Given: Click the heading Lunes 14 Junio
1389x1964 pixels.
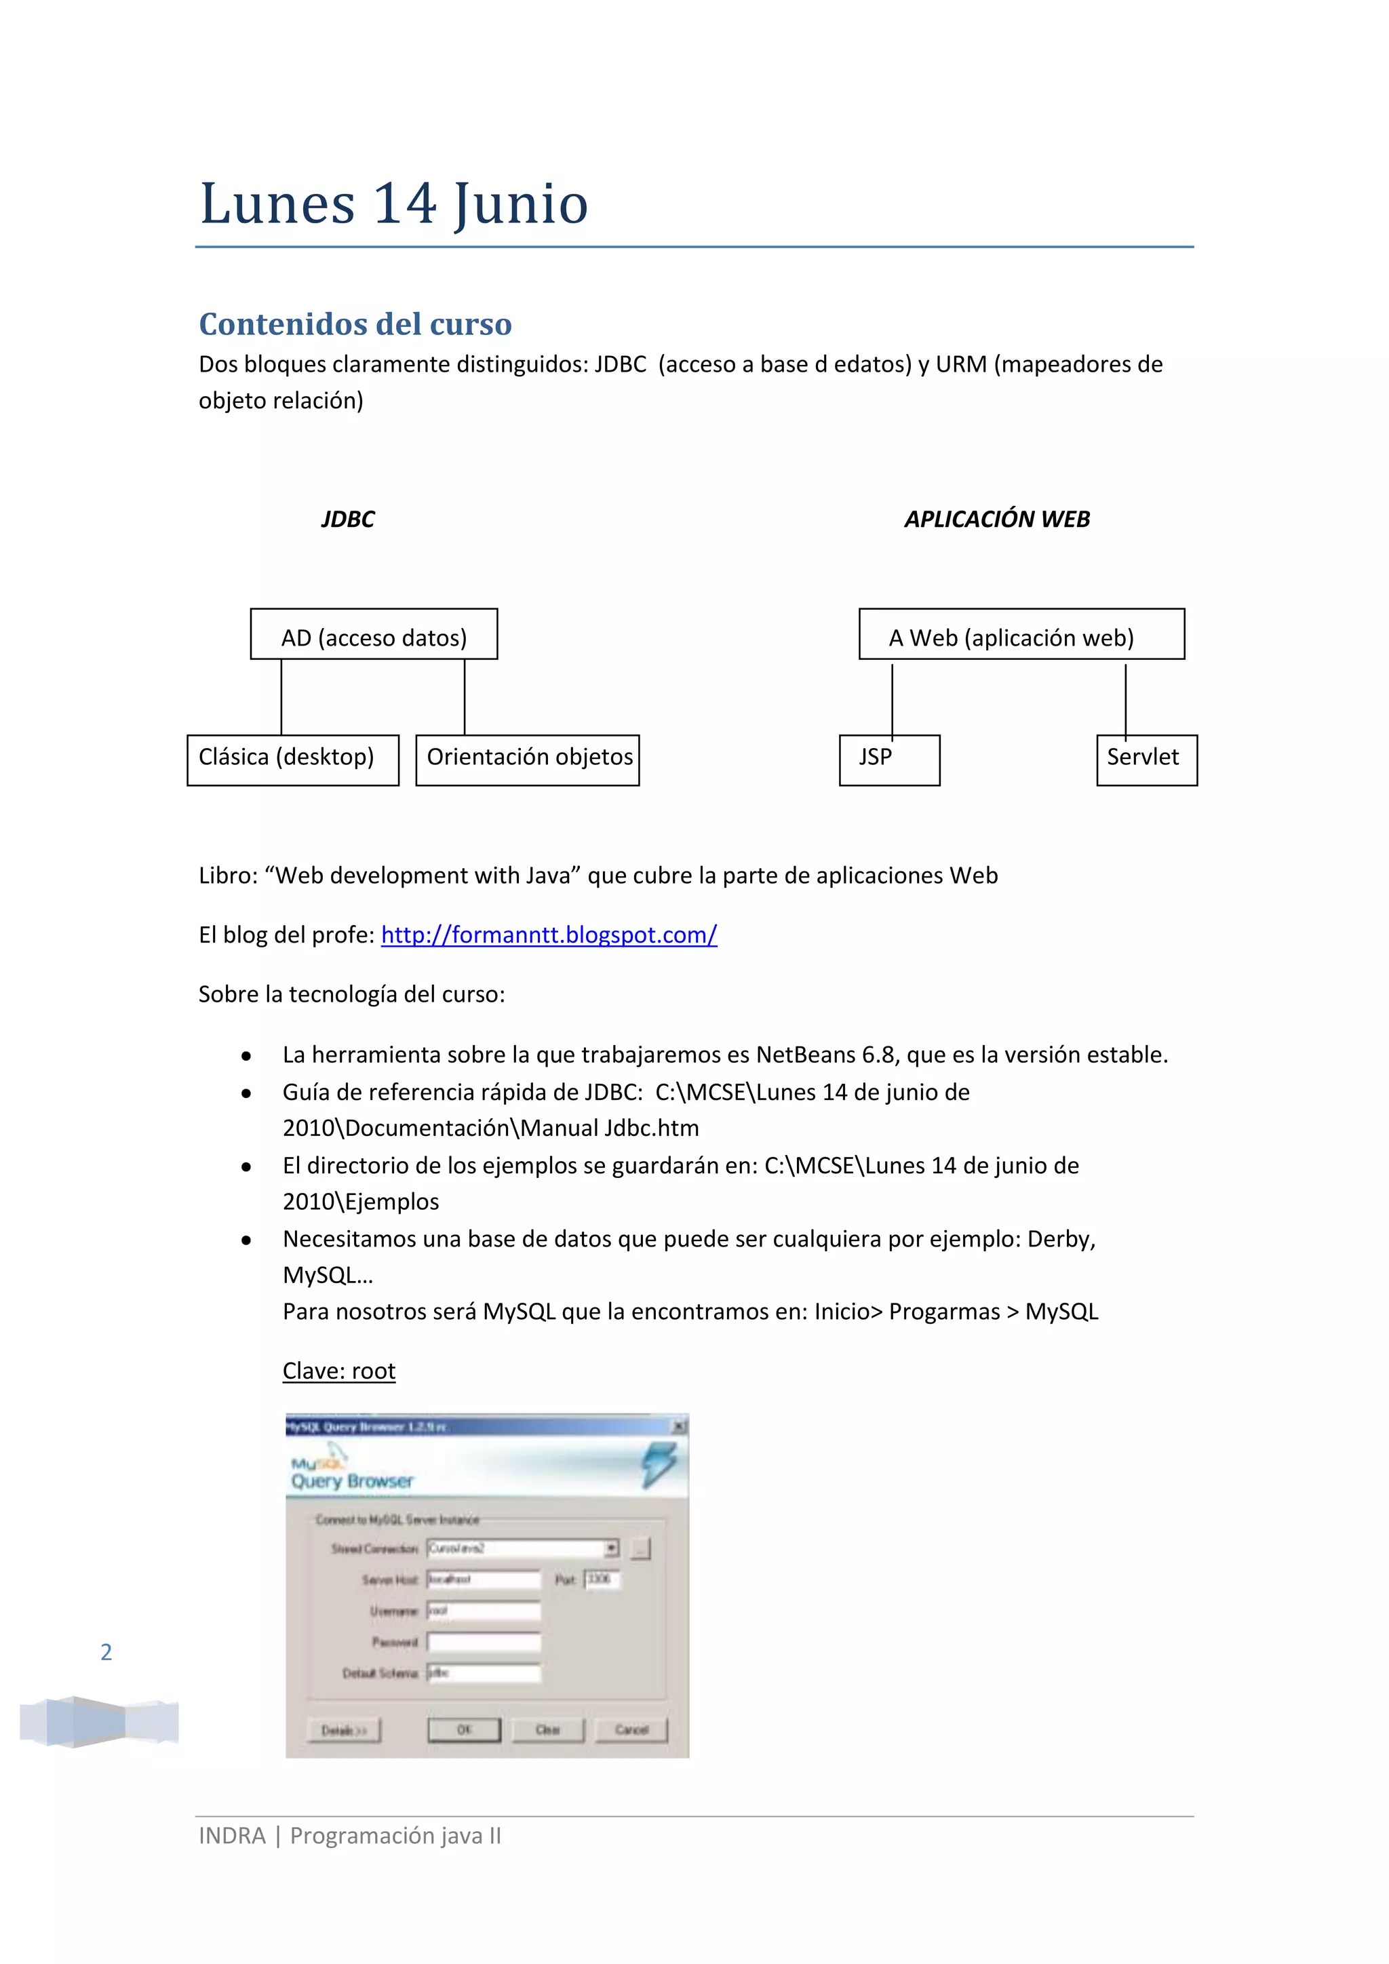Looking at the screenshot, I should (x=393, y=203).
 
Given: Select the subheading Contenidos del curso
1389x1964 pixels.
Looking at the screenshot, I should (x=355, y=324).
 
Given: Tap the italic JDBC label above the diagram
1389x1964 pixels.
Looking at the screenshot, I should (x=347, y=519).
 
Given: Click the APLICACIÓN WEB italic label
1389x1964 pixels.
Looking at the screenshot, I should (x=997, y=519).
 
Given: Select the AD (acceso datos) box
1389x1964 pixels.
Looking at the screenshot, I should (x=374, y=635).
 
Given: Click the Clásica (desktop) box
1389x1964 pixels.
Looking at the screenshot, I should (x=292, y=760).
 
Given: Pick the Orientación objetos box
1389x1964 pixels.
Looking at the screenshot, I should (x=528, y=760).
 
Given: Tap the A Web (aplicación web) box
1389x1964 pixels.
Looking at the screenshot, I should (x=1021, y=635).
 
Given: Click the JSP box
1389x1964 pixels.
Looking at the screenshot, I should (x=890, y=760).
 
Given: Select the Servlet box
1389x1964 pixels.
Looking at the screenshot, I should (x=1146, y=760).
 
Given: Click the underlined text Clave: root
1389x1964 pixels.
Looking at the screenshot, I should (x=338, y=1371).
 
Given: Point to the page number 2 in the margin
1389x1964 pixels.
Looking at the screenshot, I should (x=106, y=1652).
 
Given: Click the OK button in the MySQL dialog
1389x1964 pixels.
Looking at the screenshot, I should (x=464, y=1729).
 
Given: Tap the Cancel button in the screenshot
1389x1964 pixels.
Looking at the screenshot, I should (x=631, y=1729).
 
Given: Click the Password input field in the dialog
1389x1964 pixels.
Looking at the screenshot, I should (x=484, y=1641).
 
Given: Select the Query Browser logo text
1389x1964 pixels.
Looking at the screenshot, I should (x=351, y=1480).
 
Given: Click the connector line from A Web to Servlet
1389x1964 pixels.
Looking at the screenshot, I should (x=1126, y=699).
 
